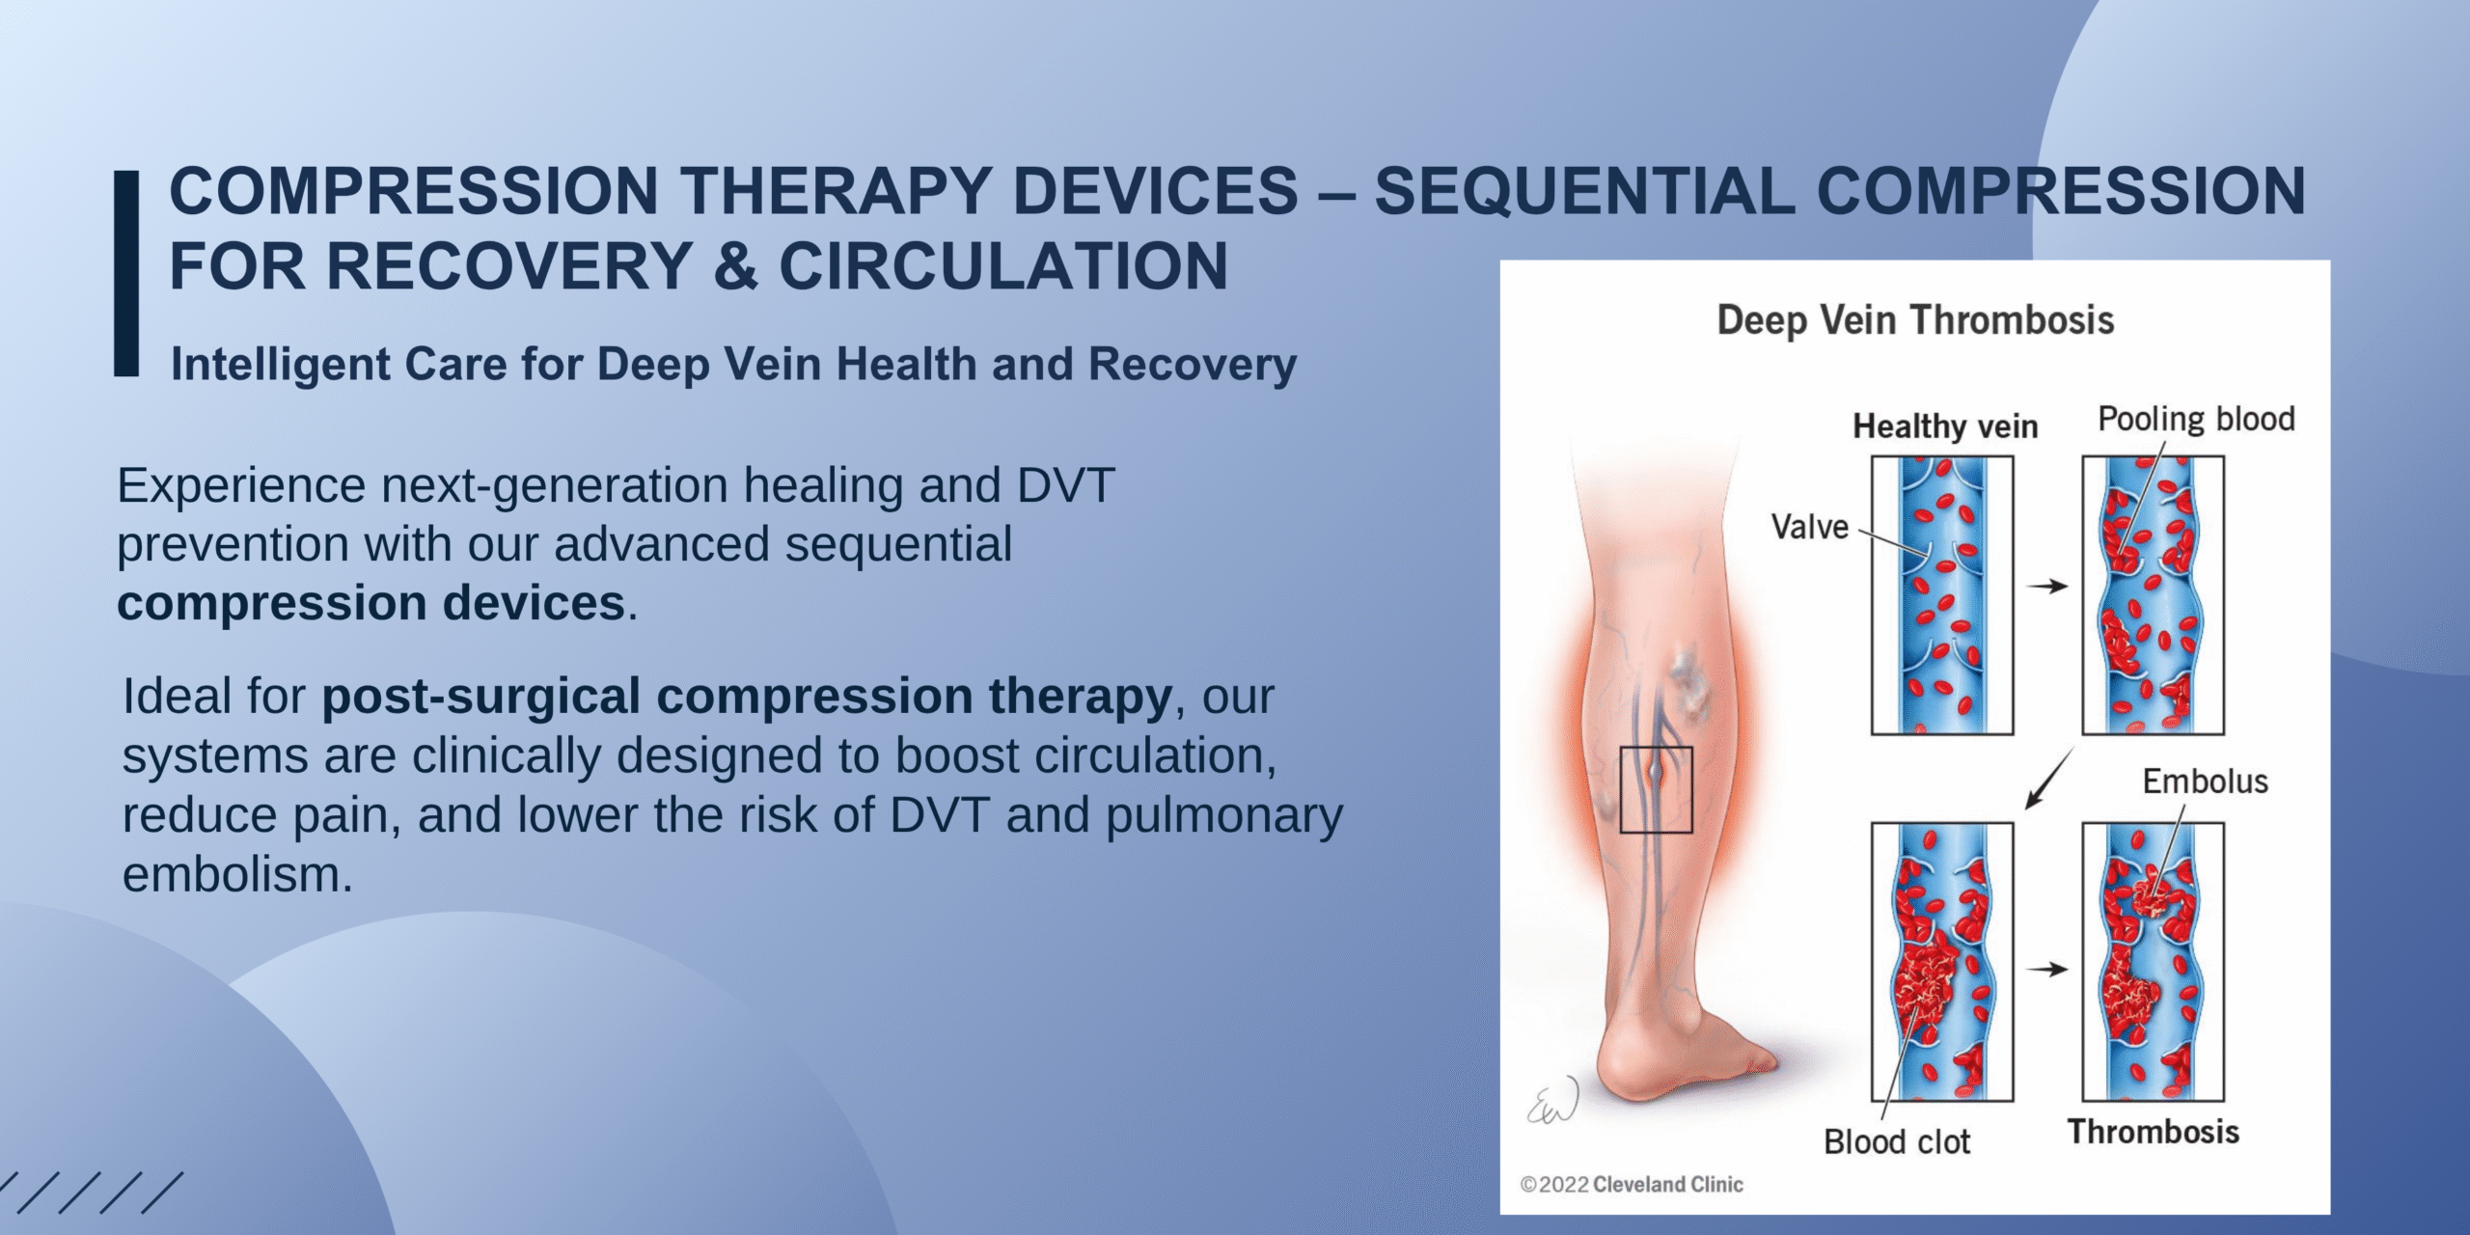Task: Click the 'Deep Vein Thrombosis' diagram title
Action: pyautogui.click(x=1915, y=320)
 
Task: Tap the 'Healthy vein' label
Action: pyautogui.click(x=1945, y=426)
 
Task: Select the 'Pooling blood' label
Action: pyautogui.click(x=2196, y=420)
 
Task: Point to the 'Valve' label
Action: pyautogui.click(x=1809, y=527)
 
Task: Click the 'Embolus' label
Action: pyautogui.click(x=2205, y=782)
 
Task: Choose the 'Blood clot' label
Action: pyautogui.click(x=1896, y=1142)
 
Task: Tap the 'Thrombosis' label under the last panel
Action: pyautogui.click(x=2153, y=1132)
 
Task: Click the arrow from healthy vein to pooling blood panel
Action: pyautogui.click(x=2047, y=586)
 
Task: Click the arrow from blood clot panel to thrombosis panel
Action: pyautogui.click(x=2047, y=970)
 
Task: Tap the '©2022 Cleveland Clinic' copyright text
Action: pyautogui.click(x=1632, y=1184)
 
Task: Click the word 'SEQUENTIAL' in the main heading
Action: pyautogui.click(x=1584, y=191)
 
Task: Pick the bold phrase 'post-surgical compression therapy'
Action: pyautogui.click(x=747, y=697)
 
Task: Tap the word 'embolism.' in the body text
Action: pyautogui.click(x=237, y=874)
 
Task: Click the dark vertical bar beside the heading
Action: pyautogui.click(x=126, y=273)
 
